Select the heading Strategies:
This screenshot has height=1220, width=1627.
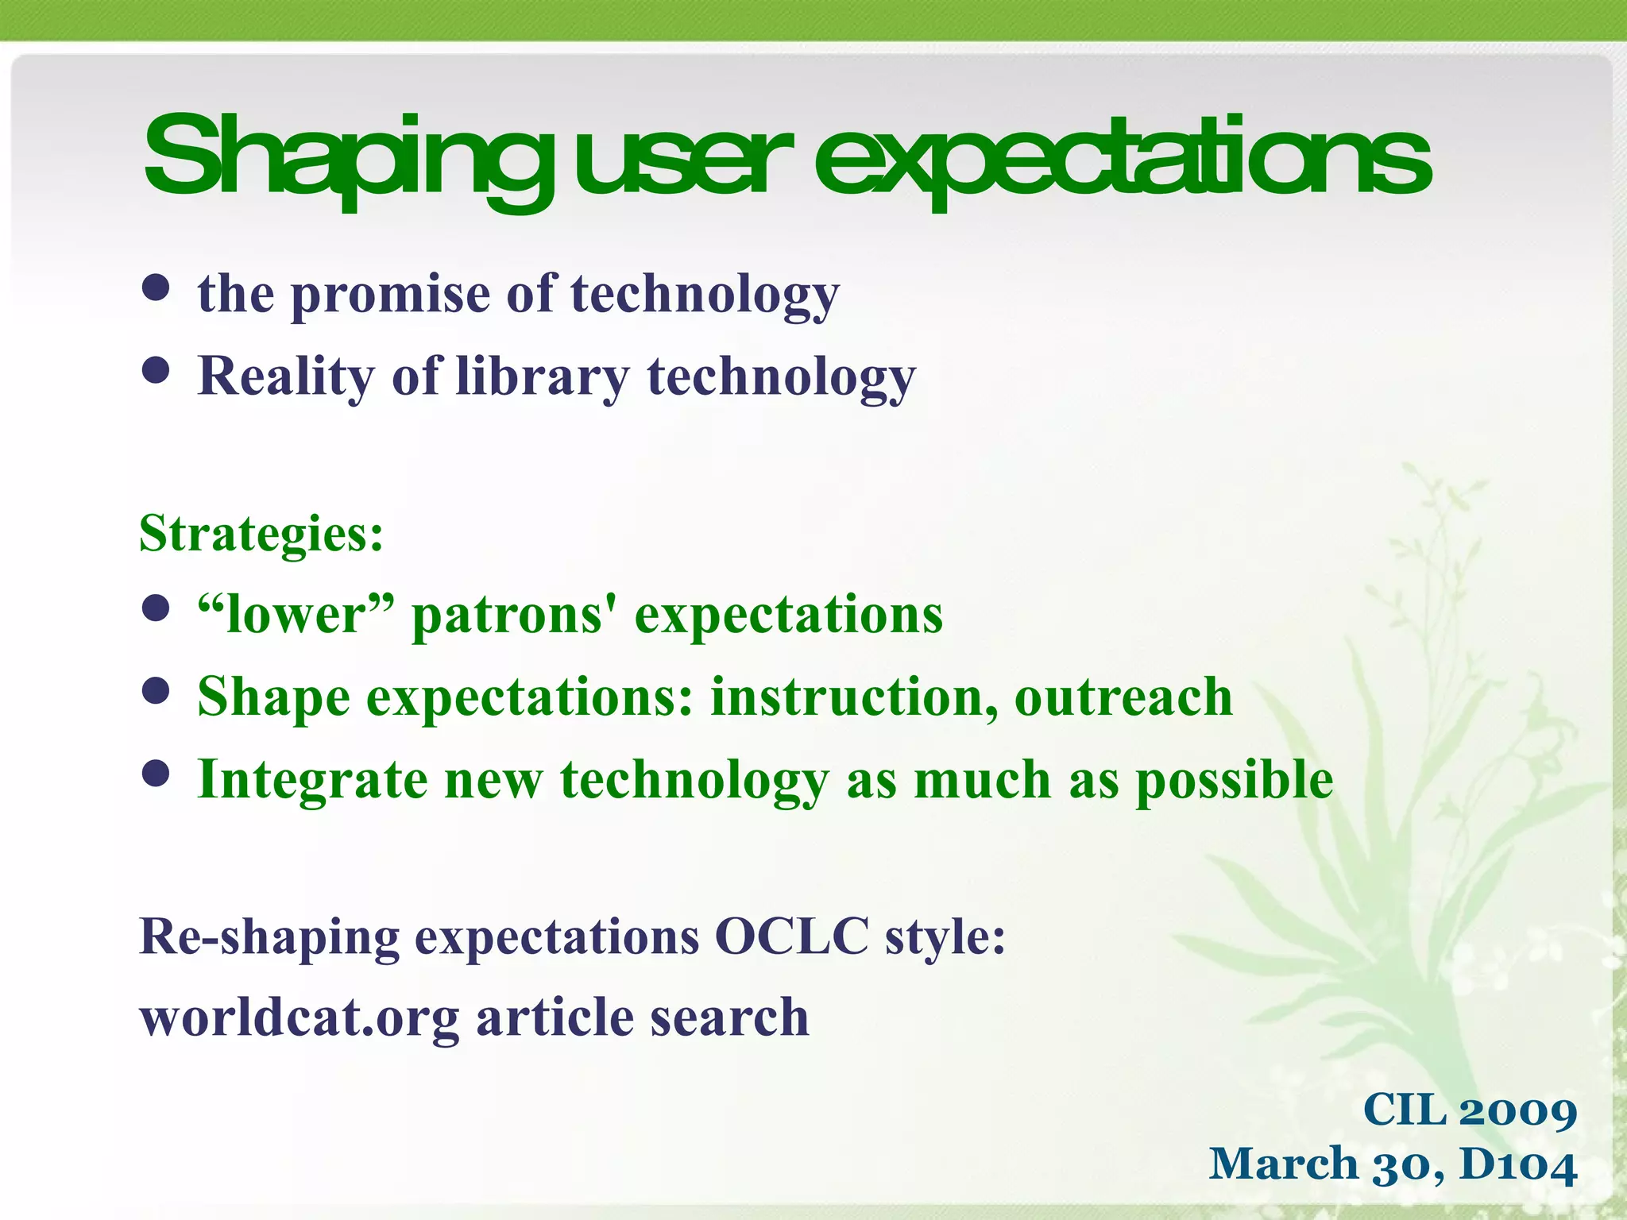[261, 534]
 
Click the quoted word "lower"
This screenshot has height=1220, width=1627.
[296, 615]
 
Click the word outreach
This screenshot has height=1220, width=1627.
[1123, 697]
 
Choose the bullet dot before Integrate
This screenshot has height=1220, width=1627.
[157, 773]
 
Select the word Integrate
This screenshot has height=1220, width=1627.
[312, 781]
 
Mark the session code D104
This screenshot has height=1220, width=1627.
[1518, 1165]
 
